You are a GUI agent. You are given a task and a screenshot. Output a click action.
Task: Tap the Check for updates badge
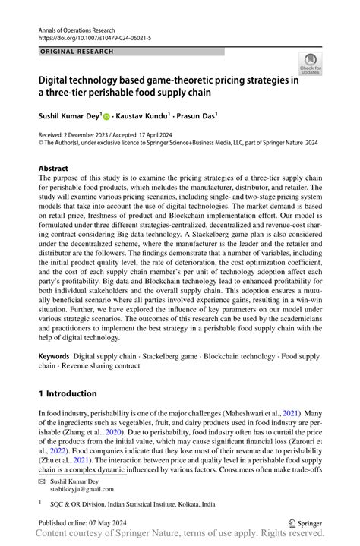click(x=310, y=65)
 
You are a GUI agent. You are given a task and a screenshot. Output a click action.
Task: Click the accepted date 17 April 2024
click(x=164, y=133)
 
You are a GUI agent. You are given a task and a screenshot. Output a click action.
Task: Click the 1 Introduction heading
click(x=68, y=394)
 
